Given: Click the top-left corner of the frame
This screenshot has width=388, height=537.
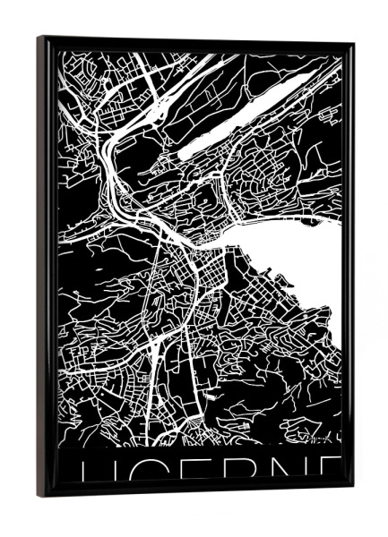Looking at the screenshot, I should (x=39, y=38).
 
